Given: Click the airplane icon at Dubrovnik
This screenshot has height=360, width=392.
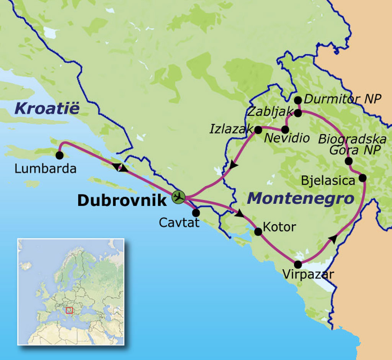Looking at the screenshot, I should coord(178,197).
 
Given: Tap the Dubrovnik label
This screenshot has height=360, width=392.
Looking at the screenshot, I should coord(122,200).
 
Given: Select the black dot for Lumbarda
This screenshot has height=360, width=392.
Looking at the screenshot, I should coord(59,155).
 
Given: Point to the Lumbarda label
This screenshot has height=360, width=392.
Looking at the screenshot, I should coord(46,169).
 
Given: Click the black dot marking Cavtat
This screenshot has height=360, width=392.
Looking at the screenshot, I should coord(196,213).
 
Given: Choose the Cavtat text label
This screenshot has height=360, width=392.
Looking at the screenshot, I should coord(179,223).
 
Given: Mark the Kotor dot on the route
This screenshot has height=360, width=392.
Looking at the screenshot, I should coord(258,232).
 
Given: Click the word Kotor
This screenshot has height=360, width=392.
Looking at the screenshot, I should coord(280,227).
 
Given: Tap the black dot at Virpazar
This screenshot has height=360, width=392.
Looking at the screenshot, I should coord(298,264).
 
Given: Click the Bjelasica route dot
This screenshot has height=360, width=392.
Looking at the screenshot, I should coord(362,178).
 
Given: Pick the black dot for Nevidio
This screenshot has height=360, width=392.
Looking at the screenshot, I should coord(285,129).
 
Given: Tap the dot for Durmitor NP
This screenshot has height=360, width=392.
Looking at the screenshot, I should coord(298,100).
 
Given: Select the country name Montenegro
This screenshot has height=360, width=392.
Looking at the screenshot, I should coord(300,199).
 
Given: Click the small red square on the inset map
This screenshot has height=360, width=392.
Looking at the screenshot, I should coord(69,310).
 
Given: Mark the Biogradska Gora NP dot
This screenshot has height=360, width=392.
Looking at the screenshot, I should coord(348,161).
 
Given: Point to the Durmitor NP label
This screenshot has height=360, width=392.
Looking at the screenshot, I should coord(343,99).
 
